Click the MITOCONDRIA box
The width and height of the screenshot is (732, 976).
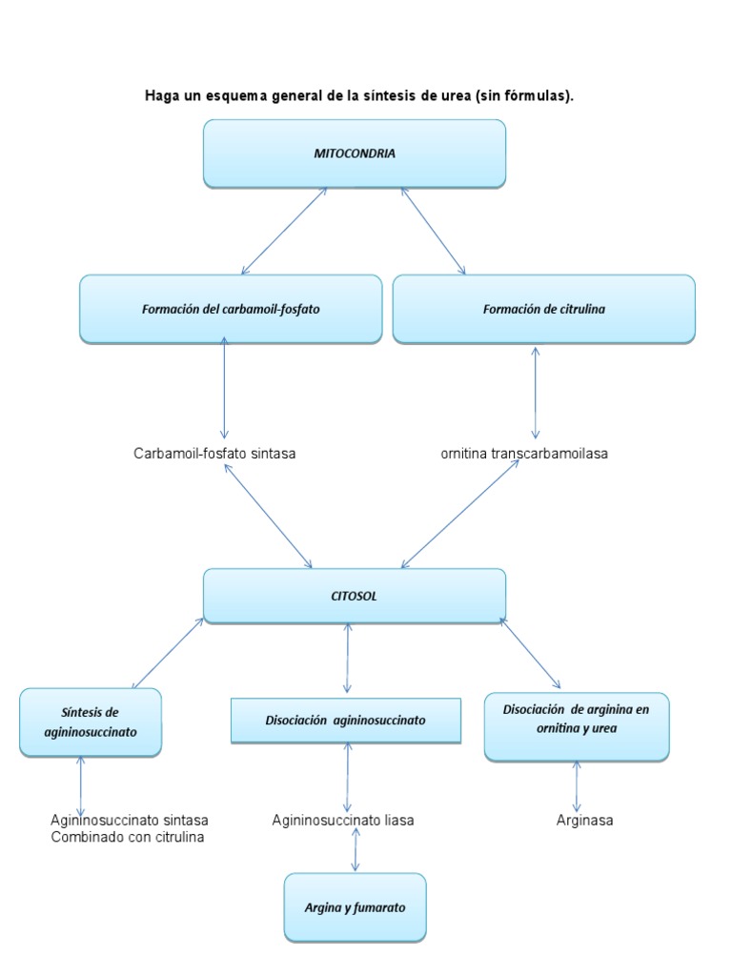pos(354,152)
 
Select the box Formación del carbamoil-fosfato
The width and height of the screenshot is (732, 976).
pos(231,309)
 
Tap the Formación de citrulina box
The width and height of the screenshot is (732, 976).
pos(543,309)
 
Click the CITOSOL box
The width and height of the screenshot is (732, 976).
pos(354,596)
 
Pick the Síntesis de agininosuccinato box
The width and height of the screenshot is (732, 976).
pos(91,722)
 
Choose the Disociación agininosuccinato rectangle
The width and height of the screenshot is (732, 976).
pos(346,721)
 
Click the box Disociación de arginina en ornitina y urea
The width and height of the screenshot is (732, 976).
pos(576,726)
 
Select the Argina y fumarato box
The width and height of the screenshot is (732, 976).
pos(355,907)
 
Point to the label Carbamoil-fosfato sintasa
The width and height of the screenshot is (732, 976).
pos(214,454)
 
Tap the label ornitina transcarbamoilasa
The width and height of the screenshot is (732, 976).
pos(523,454)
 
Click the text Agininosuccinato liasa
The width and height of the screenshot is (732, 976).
pos(343,820)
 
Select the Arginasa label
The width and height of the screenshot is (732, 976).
pos(584,820)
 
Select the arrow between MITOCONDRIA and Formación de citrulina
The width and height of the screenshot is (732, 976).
pos(433,231)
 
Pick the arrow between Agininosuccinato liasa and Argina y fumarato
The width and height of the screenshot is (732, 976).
pos(356,849)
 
